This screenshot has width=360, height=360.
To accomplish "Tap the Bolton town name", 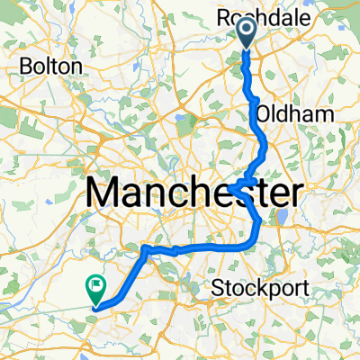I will [x=54, y=67].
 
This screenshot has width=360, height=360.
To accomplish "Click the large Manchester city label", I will [x=193, y=192].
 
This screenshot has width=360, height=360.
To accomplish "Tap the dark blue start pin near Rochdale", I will [x=247, y=34].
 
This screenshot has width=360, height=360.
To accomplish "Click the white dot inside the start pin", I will [x=247, y=31].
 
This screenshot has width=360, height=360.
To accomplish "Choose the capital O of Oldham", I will [x=263, y=114].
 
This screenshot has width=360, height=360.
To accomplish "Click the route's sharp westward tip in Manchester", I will [x=230, y=187].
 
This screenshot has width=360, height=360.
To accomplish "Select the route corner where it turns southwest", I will [x=145, y=247].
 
